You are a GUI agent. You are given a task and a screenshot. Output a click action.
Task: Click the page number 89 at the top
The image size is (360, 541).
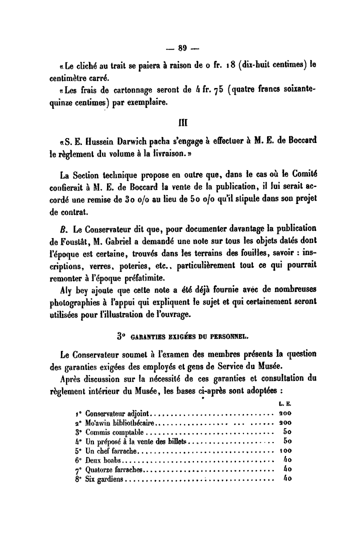point(182,48)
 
